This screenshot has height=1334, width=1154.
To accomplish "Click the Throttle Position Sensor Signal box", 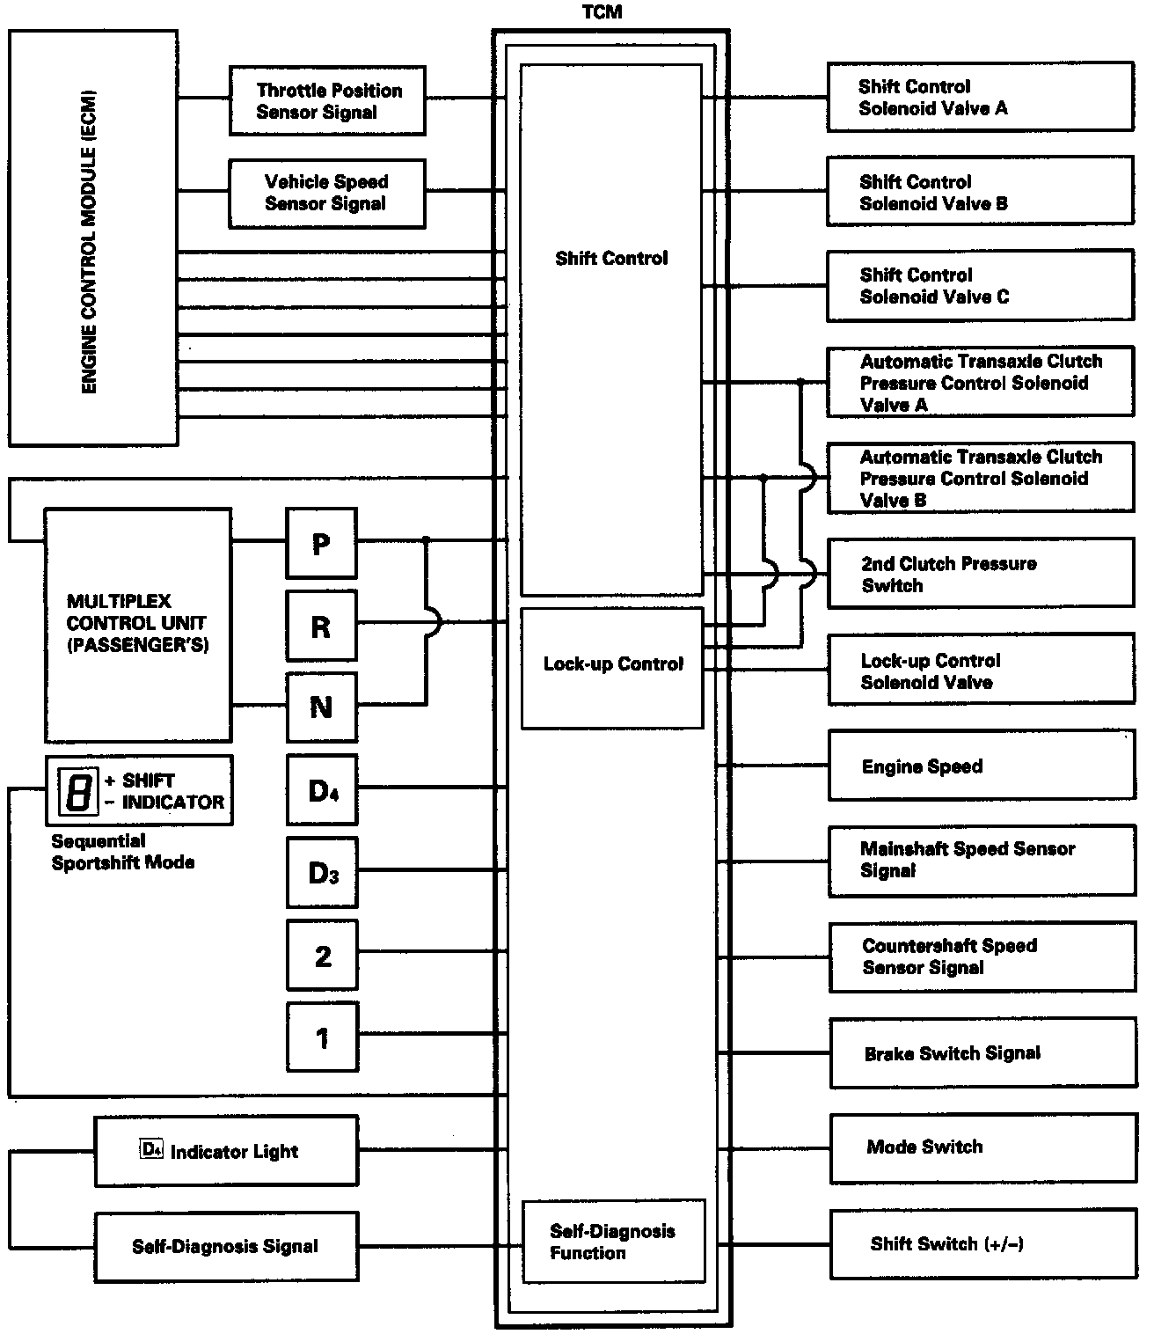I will [327, 100].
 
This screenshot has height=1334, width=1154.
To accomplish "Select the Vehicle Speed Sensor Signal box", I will [326, 193].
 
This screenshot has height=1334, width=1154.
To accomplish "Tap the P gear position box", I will [322, 543].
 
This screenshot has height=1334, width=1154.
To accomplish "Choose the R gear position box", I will [322, 626].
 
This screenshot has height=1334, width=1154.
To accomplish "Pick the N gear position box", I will [322, 707].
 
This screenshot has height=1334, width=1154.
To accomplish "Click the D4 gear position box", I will [322, 789].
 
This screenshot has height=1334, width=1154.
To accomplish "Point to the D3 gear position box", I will [322, 872].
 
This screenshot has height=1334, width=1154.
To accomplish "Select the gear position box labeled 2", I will [322, 955].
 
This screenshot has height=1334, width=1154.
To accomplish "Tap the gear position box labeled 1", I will [322, 1037].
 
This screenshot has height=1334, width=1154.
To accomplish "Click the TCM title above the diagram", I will [602, 12].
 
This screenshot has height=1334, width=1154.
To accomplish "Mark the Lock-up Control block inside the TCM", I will [612, 667].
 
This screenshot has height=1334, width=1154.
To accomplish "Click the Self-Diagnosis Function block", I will [613, 1241].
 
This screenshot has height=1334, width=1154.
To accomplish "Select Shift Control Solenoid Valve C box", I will [980, 285].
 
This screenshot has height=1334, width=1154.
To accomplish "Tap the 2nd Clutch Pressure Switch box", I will [981, 574].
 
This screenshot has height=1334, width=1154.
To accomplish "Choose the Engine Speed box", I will [982, 766].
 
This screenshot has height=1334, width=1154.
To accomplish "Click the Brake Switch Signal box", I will [982, 1052].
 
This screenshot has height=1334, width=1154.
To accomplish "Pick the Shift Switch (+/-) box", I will [982, 1243].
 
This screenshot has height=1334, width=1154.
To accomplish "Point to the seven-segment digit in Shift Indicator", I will [77, 789].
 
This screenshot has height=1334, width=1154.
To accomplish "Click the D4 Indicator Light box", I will [226, 1150].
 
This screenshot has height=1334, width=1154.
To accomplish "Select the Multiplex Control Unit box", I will [138, 624].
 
